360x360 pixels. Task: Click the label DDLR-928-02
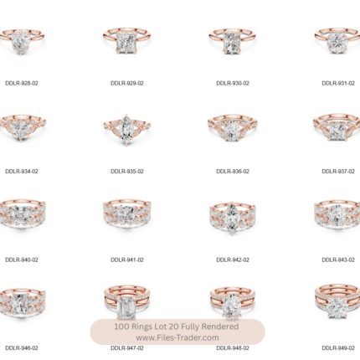pyautogui.click(x=22, y=83)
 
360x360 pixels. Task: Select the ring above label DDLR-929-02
pyautogui.click(x=126, y=41)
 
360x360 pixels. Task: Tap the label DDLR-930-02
pyautogui.click(x=233, y=83)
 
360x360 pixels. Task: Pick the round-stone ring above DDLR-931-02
pyautogui.click(x=337, y=41)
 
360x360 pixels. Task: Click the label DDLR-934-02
pyautogui.click(x=22, y=172)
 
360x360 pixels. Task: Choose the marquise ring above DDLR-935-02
pyautogui.click(x=126, y=129)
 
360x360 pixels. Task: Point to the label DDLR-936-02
pyautogui.click(x=233, y=172)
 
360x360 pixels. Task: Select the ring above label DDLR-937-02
pyautogui.click(x=337, y=127)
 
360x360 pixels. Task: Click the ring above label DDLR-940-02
pyautogui.click(x=23, y=214)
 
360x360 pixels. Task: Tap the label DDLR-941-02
pyautogui.click(x=127, y=260)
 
